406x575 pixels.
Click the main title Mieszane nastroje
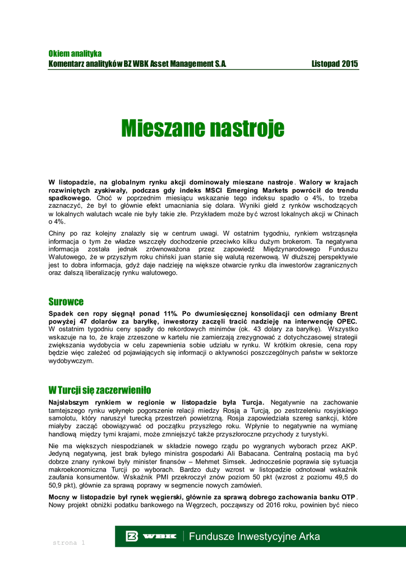click(x=203, y=129)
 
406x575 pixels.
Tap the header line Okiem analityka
click(x=75, y=53)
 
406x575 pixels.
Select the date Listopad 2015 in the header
click(x=335, y=64)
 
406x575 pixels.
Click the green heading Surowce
click(x=66, y=302)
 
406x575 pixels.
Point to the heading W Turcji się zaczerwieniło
click(x=100, y=390)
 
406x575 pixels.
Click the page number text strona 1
click(x=68, y=543)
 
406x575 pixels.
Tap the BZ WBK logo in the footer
click(x=151, y=536)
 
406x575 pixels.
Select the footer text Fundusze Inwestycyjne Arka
click(x=255, y=536)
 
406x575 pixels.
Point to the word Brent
click(x=346, y=313)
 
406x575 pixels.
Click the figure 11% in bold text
click(x=169, y=313)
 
